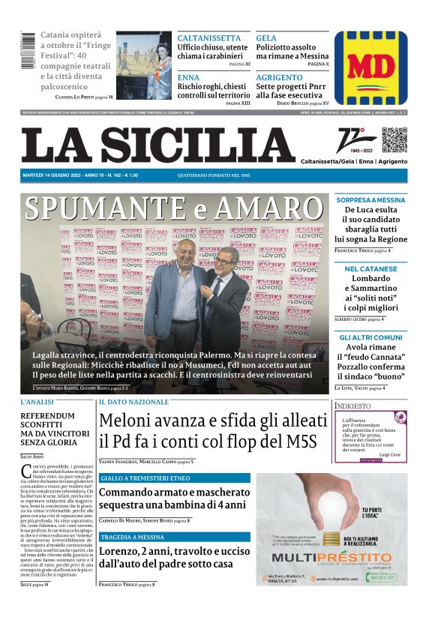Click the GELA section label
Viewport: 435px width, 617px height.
(266, 38)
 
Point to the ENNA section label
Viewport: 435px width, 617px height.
(188, 77)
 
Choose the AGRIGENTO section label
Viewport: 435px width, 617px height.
(278, 77)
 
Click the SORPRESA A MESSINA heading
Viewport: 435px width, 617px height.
(370, 200)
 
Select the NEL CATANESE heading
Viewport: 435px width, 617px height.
(370, 268)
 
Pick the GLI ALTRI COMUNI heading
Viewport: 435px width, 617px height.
(370, 337)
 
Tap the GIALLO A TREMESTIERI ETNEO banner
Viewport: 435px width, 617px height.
(145, 478)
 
